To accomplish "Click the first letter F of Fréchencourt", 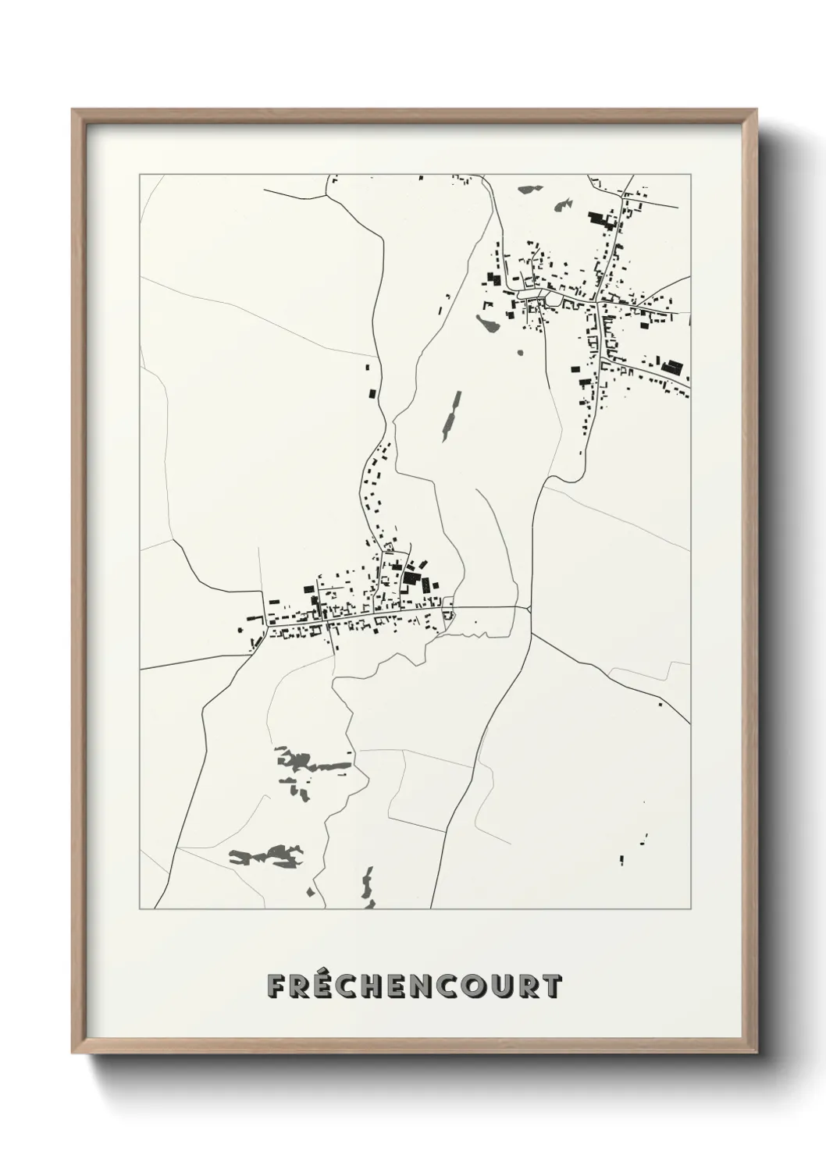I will click(277, 986).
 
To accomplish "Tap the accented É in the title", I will click(329, 986).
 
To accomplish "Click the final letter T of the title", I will click(553, 986).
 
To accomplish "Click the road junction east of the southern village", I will click(530, 608).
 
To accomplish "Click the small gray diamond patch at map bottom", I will click(313, 892).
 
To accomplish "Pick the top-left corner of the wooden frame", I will click(73, 110).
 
